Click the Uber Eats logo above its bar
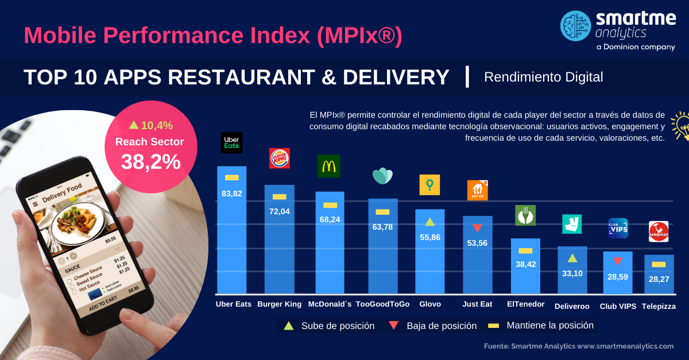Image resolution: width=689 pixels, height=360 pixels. [x=231, y=143]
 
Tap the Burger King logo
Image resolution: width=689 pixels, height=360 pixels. [x=280, y=158]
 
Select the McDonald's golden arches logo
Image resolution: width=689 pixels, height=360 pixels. [x=328, y=167]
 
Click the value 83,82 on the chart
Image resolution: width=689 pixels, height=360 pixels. [x=232, y=194]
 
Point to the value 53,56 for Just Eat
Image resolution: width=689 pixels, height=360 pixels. [x=477, y=243]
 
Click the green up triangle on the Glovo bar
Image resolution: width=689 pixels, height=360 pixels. [x=429, y=222]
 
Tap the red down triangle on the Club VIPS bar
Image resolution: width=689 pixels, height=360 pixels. [x=618, y=261]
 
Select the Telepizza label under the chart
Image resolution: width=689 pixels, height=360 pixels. [x=659, y=307]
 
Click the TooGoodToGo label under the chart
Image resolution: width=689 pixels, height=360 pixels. [x=383, y=304]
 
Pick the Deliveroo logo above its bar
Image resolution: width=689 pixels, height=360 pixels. [x=572, y=224]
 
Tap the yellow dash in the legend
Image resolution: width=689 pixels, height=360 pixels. [x=493, y=326]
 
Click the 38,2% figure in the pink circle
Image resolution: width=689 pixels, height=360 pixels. [x=150, y=162]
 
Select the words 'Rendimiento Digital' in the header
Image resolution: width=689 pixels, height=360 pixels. [x=543, y=77]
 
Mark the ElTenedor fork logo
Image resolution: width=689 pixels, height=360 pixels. [x=525, y=215]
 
